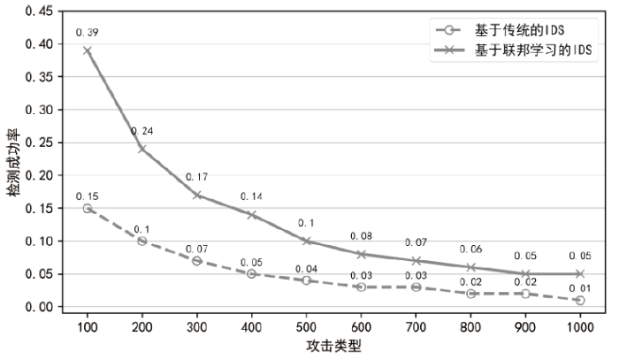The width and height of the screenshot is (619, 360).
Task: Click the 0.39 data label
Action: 88,33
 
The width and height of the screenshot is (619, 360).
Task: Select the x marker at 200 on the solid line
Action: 142,149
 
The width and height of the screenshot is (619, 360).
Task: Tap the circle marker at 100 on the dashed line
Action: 88,208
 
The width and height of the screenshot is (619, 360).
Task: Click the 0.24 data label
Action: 142,132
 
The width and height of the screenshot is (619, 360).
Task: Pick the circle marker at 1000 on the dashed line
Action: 579,300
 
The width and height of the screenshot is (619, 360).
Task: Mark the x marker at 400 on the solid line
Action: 251,214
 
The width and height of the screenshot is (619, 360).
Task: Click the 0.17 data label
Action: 196,177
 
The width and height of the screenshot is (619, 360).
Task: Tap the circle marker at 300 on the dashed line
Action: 196,261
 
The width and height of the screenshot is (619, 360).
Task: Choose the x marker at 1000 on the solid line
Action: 579,273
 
